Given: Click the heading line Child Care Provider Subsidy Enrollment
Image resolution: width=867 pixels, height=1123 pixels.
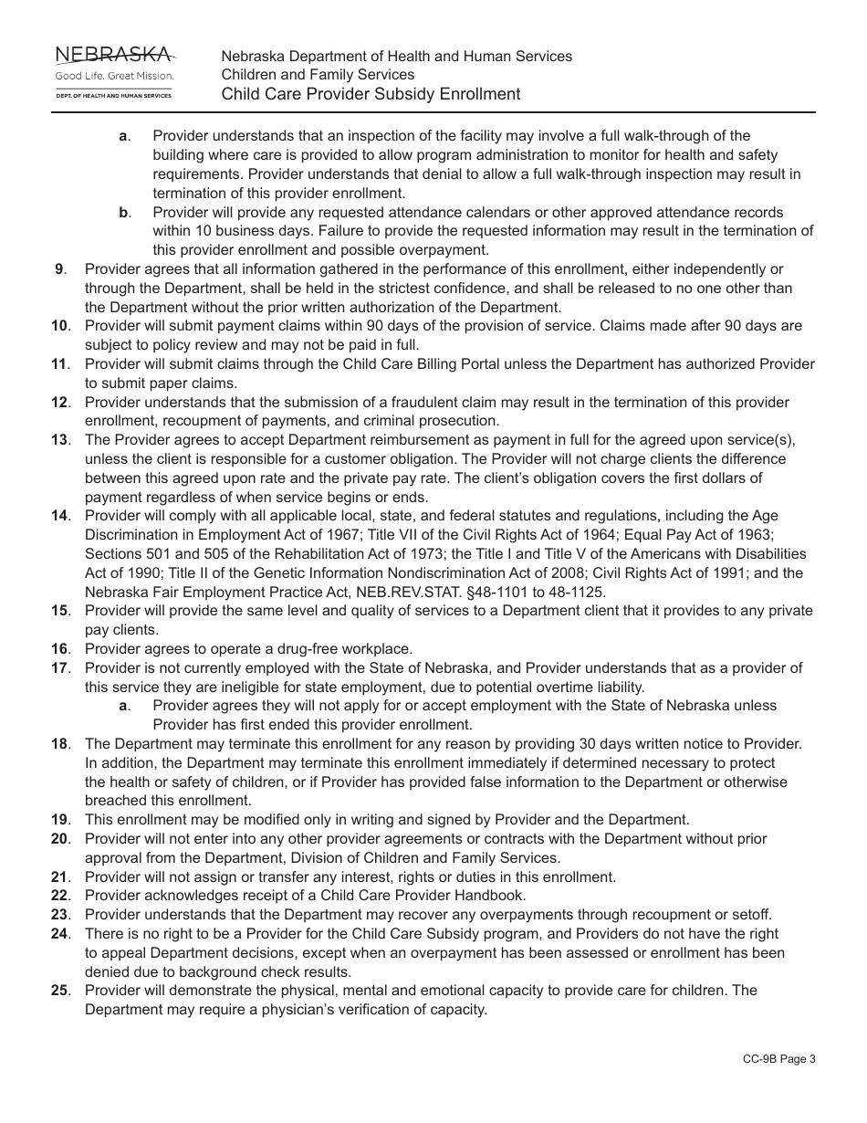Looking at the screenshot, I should click(x=371, y=94).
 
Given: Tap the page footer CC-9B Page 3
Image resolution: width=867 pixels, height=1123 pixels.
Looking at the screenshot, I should click(x=778, y=1059).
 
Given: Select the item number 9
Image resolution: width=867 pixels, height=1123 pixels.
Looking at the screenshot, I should click(x=60, y=269).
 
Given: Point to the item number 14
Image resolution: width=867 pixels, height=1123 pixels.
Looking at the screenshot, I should click(x=59, y=516).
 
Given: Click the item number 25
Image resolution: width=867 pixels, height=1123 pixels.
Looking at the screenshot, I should click(x=59, y=991).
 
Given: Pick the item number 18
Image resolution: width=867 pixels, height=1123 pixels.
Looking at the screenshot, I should click(x=59, y=744).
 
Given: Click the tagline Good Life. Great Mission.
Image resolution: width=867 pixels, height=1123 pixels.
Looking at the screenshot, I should click(x=114, y=76).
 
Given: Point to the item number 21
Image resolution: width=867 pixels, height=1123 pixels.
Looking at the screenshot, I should click(x=59, y=877).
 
